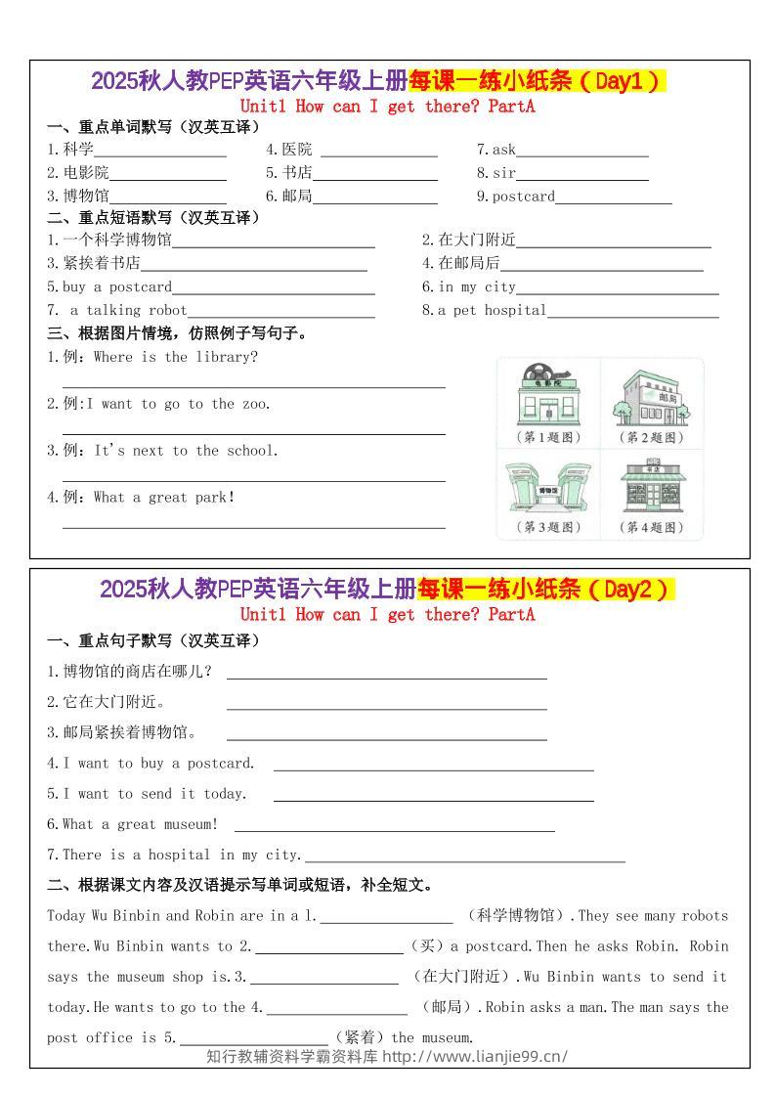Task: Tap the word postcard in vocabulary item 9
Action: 523,197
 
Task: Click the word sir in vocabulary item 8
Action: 503,173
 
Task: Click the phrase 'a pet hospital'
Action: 492,310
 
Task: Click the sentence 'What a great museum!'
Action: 140,824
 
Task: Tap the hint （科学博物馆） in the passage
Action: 516,916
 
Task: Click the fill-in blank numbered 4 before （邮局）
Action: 336,1009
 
